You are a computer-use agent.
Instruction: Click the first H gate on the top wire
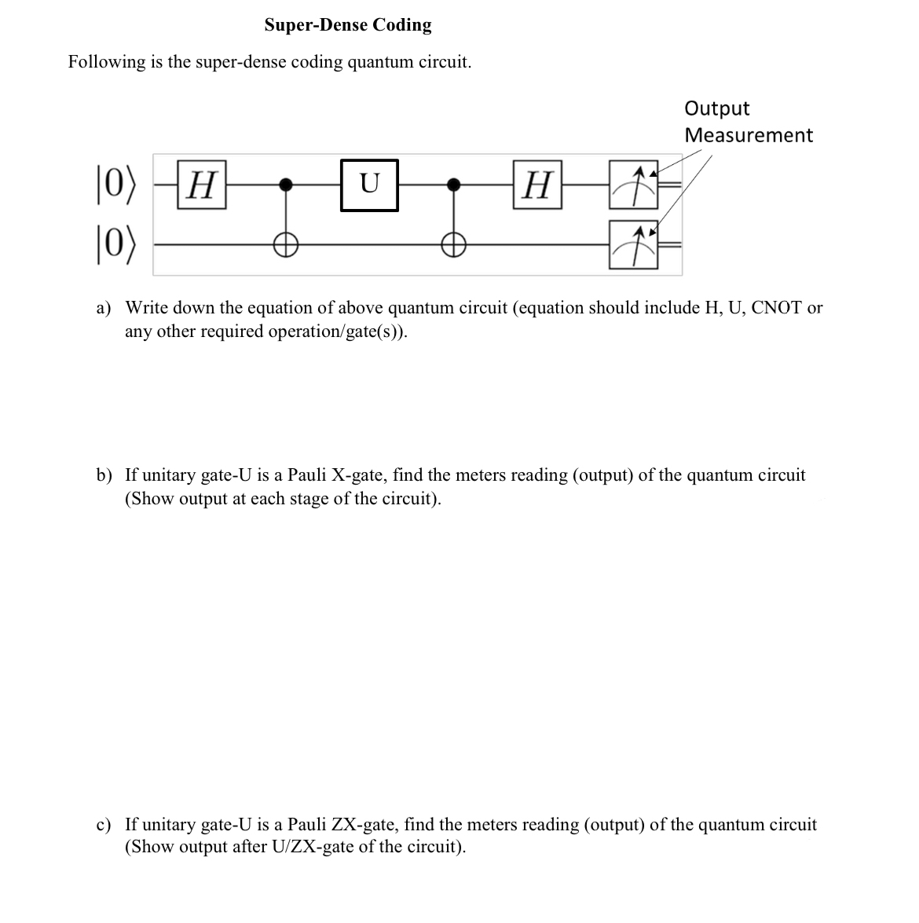203,185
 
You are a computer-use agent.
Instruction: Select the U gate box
369,185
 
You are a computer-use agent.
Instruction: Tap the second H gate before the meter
537,185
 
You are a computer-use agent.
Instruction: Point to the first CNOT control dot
287,185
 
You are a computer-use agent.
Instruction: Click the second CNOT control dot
452,185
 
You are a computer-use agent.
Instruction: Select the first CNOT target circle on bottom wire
287,245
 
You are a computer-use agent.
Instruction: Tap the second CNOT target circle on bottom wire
452,245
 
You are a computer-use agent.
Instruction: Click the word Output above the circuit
716,108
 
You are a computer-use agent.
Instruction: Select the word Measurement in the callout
749,135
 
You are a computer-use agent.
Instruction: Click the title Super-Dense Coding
348,25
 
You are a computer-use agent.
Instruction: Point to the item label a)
104,308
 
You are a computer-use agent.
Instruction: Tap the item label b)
104,475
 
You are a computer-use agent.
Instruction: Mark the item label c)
104,825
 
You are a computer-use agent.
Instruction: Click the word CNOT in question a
777,308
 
